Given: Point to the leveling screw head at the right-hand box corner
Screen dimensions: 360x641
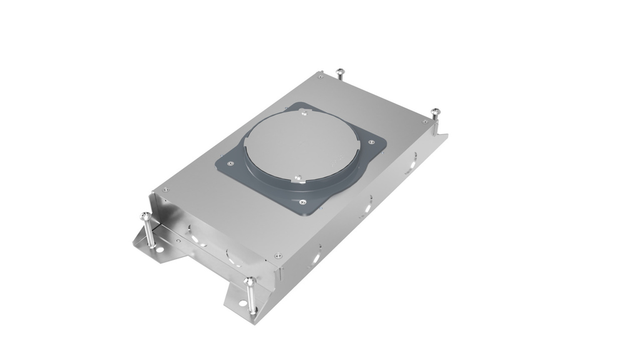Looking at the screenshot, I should [436, 113].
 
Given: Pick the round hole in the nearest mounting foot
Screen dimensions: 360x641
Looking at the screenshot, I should [242, 305].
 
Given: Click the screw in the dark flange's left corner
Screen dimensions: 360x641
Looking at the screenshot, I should [230, 164].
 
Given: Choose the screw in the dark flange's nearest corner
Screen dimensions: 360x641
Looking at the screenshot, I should [303, 201].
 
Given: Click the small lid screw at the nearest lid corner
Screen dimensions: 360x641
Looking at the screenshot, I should [278, 255].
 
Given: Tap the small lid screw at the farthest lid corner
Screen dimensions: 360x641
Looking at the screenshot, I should [320, 78].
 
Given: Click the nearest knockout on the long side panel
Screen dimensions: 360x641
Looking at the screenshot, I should [317, 254].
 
